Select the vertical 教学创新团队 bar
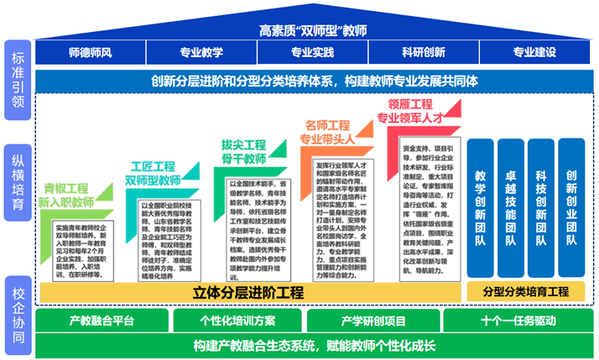pos(481,209)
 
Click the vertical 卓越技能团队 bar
pos(511,209)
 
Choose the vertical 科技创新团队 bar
pos(540,209)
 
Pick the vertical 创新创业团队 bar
pos(570,209)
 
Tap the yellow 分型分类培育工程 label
pos(526,292)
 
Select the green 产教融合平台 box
pos(101,321)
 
